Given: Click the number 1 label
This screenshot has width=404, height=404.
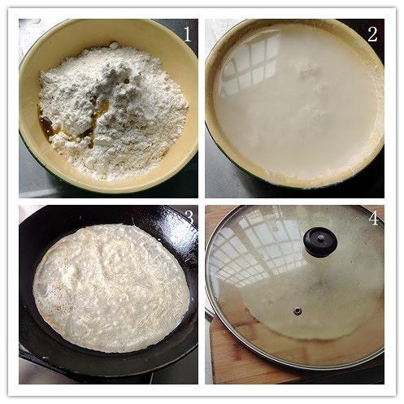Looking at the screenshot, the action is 188,34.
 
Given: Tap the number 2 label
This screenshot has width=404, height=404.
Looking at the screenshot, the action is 372,34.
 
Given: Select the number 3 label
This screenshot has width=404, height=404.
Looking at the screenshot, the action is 189,217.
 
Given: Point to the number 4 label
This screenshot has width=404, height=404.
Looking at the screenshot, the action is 373,219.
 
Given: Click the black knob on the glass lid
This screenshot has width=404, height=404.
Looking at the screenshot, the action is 320,242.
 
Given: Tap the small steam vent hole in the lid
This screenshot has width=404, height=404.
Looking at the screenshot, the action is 298,310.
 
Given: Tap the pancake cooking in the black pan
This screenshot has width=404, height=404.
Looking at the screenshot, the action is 111,288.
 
